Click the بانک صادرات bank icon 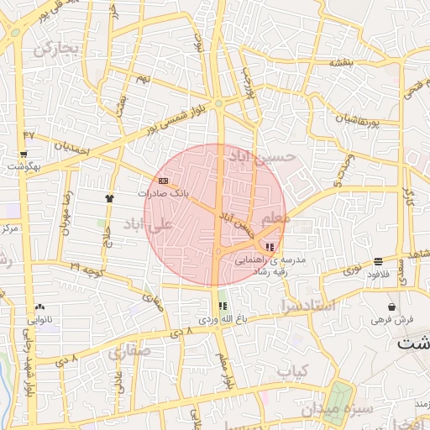pos(163,180)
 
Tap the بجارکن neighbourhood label pos(57,49)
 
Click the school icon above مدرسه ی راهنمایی pos(269,247)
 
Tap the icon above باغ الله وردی pos(223,307)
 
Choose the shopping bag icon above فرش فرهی pos(392,307)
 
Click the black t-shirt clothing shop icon pos(108,198)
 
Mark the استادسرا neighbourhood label pos(308,304)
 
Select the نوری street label pos(354,270)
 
